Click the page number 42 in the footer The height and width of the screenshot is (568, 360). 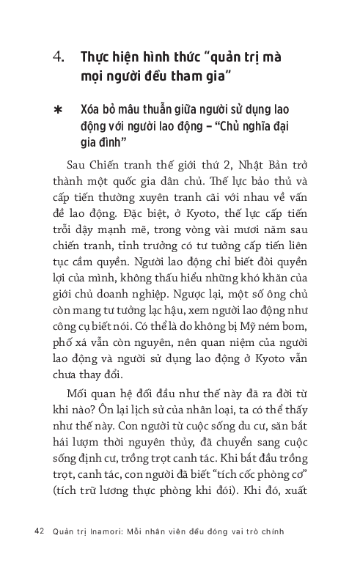pos(40,531)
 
